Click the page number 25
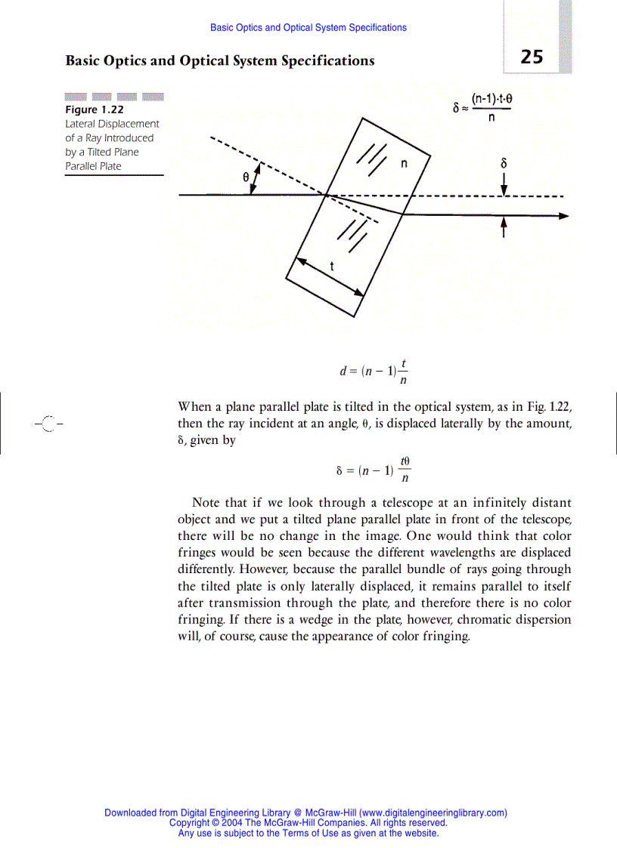(532, 57)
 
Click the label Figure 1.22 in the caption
(95, 109)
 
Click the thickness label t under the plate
(332, 266)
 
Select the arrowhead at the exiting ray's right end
(563, 215)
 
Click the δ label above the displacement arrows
(504, 162)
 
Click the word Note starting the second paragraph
(207, 503)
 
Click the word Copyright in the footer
(189, 823)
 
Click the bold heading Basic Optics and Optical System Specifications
(220, 60)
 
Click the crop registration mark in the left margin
(48, 424)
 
